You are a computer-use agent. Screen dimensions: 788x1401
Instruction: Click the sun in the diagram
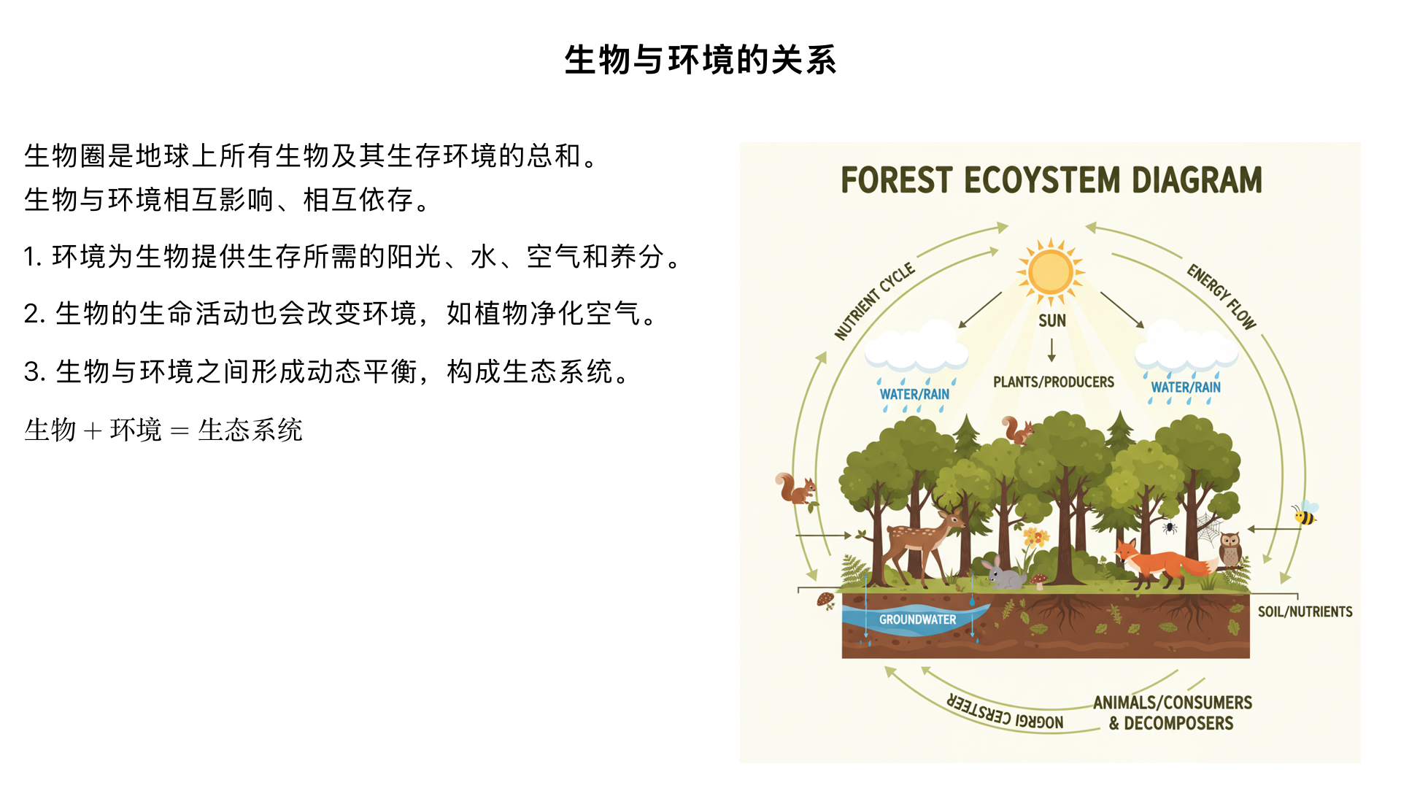click(x=1051, y=271)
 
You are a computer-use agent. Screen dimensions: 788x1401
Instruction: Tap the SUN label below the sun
click(x=1052, y=321)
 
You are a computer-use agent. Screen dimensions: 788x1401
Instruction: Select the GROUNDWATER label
click(x=917, y=619)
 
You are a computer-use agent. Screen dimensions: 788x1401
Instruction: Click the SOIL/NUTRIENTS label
click(x=1305, y=611)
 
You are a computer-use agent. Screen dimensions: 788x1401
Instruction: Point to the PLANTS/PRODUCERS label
click(x=1053, y=382)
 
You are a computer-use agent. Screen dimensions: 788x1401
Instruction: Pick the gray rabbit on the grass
click(x=1004, y=575)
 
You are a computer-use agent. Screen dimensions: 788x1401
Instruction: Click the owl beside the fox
click(x=1230, y=549)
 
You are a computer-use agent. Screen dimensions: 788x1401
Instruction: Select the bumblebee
click(x=1305, y=514)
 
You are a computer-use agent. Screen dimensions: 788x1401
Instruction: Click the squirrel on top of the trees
click(x=1016, y=430)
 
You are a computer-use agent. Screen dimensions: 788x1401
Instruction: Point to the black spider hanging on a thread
click(x=1169, y=526)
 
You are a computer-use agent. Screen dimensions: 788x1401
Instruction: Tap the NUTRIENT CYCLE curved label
click(x=874, y=301)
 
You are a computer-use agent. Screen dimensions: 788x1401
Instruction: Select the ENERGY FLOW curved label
click(x=1221, y=296)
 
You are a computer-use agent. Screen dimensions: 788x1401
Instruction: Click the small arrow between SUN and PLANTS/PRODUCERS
click(x=1051, y=350)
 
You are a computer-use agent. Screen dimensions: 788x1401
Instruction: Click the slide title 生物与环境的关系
click(x=700, y=60)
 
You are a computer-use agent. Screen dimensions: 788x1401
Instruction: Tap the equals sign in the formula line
click(x=180, y=430)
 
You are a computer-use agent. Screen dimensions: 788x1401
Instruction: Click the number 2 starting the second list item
click(x=31, y=314)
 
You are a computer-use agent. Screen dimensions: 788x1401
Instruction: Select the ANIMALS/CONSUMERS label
click(x=1172, y=702)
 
